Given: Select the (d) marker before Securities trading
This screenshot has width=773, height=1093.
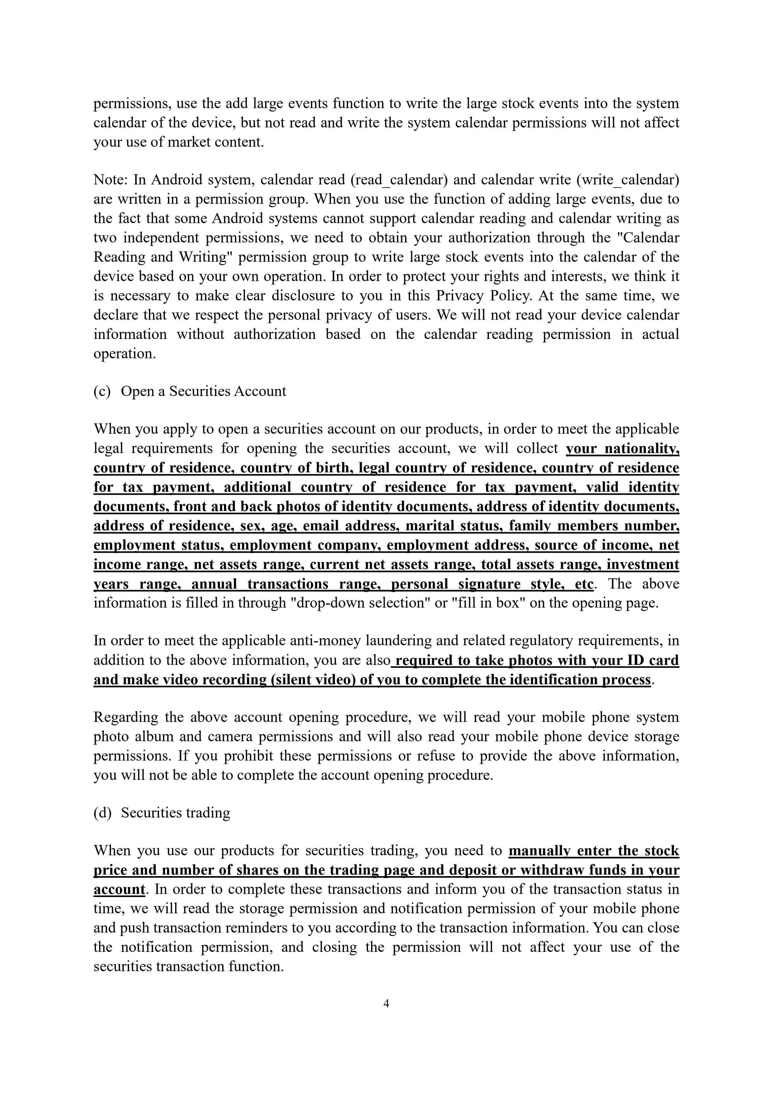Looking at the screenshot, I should (x=102, y=813).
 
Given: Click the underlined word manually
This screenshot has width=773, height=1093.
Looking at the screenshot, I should (x=539, y=850).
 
